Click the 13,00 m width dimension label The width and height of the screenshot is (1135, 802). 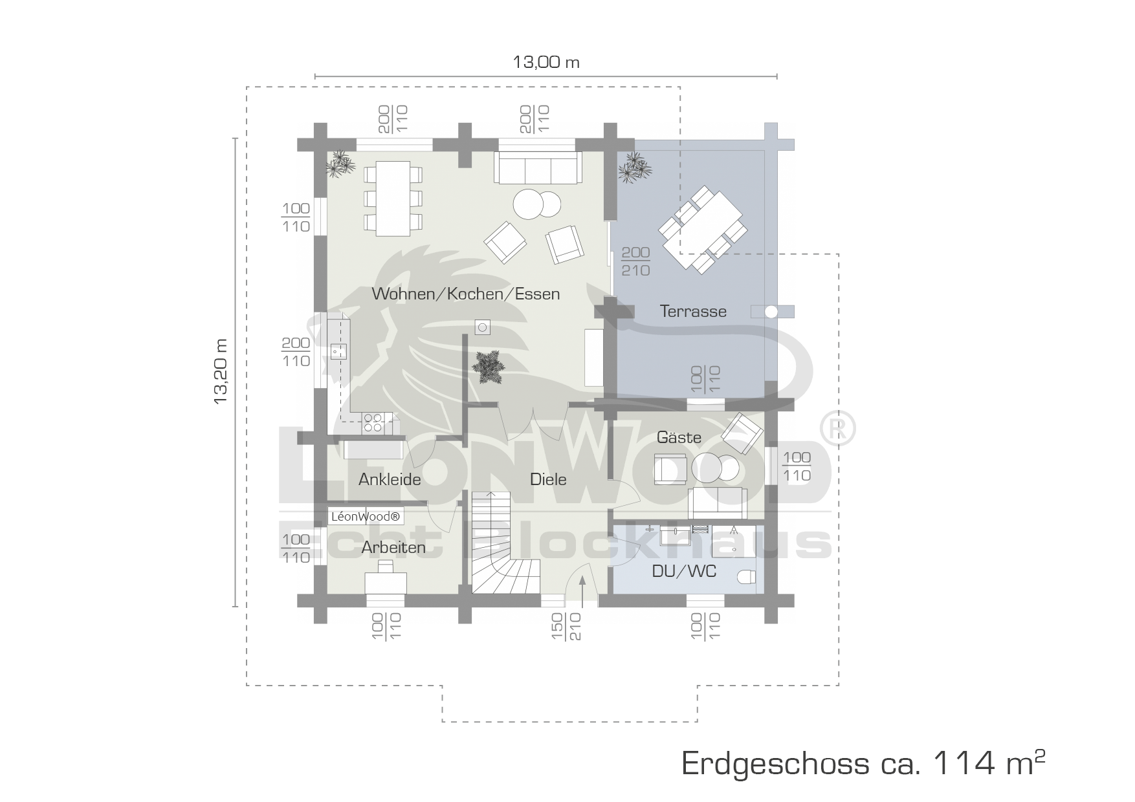pos(546,62)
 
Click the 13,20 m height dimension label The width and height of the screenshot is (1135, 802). pos(221,372)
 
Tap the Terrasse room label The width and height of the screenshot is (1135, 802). pos(693,311)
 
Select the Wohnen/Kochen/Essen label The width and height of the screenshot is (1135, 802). pos(466,294)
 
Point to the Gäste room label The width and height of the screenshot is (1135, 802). pos(679,437)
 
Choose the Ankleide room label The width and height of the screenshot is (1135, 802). pos(390,479)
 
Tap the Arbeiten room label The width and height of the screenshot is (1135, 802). pos(393,547)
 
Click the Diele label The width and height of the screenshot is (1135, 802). pos(548,479)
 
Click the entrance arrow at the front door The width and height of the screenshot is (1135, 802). pos(582,590)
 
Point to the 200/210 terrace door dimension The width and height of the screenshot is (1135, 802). pos(635,261)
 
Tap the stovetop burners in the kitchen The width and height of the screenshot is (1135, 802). pos(373,422)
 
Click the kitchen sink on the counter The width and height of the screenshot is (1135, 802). pos(338,351)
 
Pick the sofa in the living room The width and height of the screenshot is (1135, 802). pos(538,168)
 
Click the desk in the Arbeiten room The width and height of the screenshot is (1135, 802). pos(386,582)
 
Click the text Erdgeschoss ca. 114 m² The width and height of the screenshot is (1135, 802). pos(864,763)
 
